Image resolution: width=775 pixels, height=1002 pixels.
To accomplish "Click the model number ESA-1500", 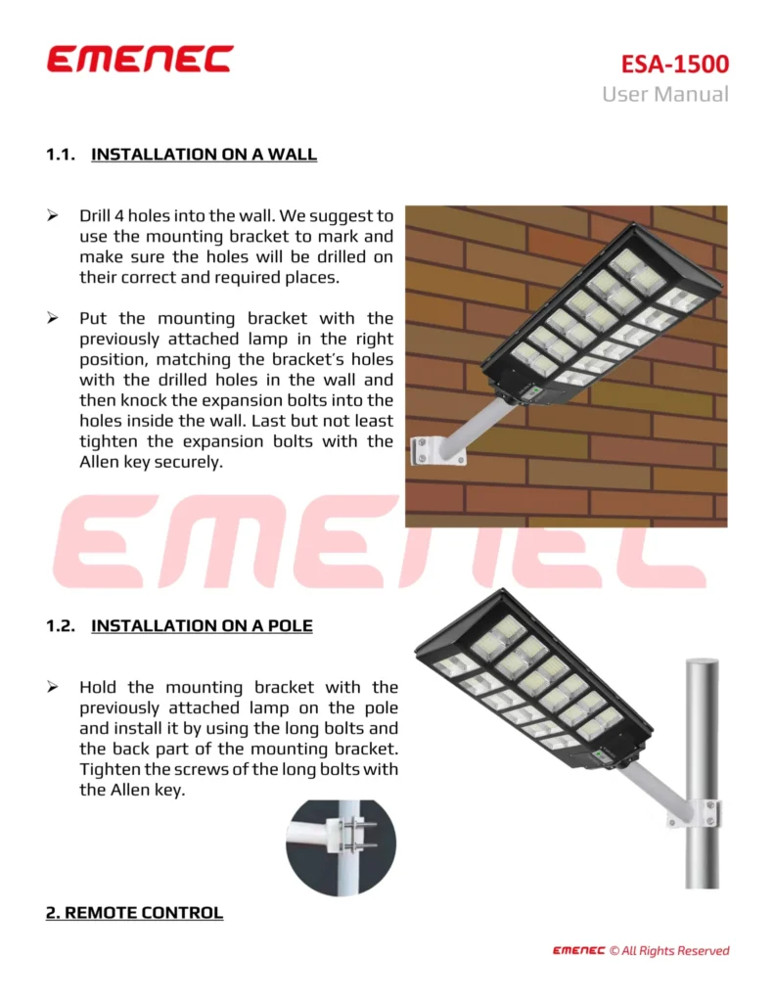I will [675, 65].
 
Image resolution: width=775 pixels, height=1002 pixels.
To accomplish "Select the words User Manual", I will [664, 94].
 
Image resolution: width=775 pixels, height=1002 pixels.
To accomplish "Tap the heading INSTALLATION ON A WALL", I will [204, 155].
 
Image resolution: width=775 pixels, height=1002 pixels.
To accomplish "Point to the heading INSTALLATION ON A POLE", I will [202, 625].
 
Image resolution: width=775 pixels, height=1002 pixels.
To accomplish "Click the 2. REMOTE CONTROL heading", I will [134, 913].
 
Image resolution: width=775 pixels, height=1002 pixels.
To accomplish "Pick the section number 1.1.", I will [61, 155].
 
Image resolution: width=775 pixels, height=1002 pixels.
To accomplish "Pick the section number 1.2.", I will [61, 625].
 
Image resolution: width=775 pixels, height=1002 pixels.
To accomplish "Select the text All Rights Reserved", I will [675, 950].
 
